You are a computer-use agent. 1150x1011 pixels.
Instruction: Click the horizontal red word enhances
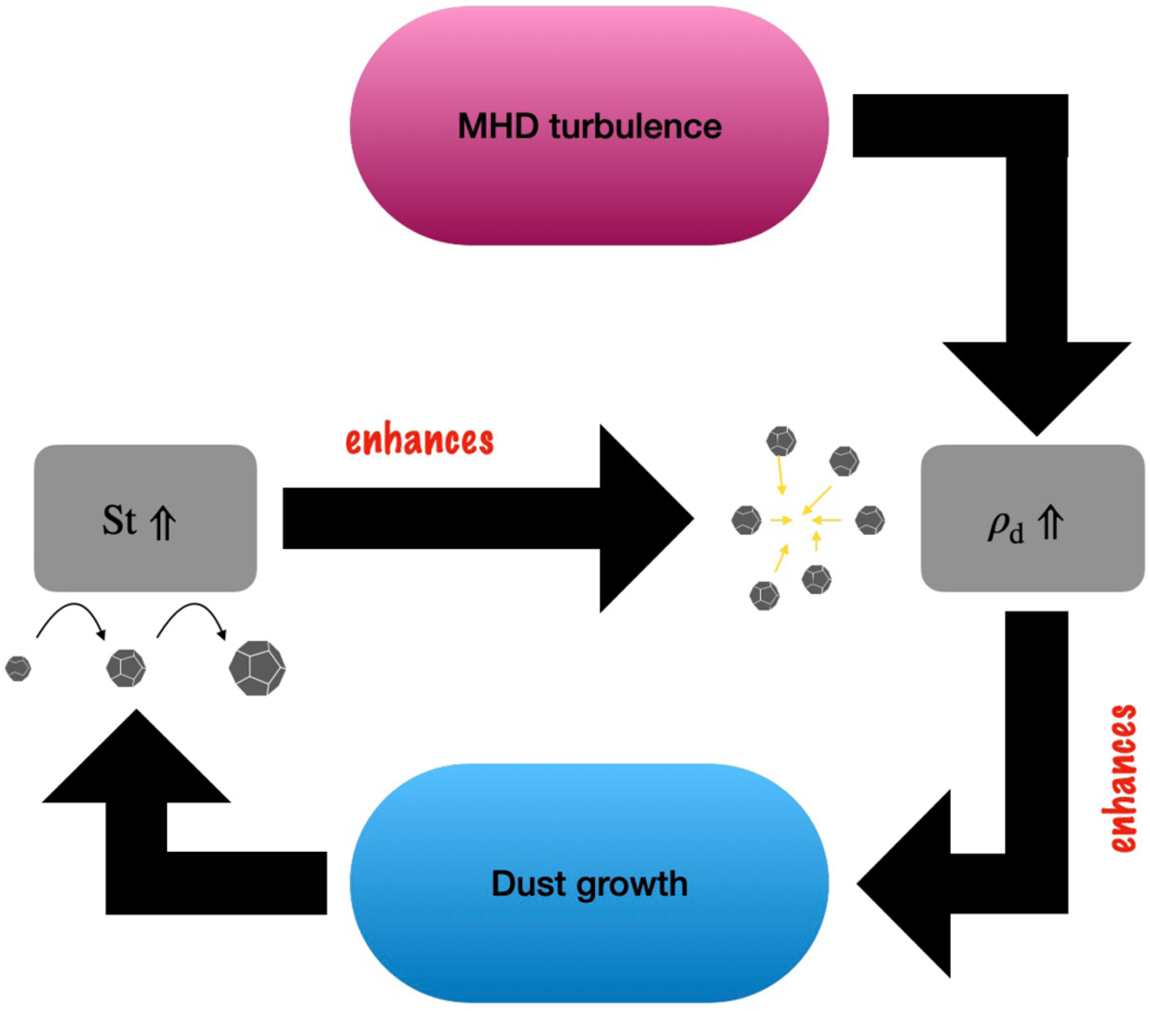point(419,441)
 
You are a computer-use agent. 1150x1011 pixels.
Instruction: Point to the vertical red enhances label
point(1123,778)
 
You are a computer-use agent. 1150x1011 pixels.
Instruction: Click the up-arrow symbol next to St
point(163,523)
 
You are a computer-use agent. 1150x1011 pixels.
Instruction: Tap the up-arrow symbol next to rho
point(1051,525)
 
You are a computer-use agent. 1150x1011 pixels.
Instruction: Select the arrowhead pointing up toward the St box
point(136,757)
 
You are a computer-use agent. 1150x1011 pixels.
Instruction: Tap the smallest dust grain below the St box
point(18,667)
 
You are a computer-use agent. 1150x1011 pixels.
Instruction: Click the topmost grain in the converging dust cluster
point(781,442)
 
